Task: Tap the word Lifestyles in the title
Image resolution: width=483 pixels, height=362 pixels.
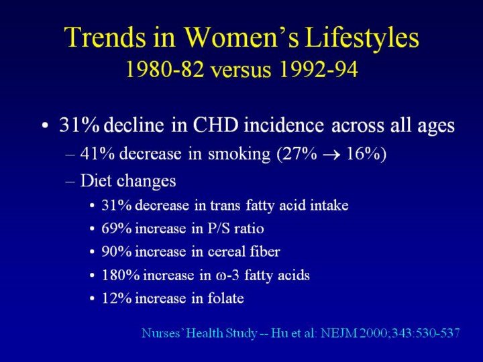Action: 362,38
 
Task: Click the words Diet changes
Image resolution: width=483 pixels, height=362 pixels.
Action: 127,181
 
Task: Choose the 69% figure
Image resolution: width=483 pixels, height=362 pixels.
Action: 116,229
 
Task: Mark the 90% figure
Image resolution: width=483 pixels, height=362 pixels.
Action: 116,252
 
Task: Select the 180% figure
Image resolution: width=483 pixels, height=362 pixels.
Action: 119,276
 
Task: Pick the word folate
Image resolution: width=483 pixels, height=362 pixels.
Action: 225,298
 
